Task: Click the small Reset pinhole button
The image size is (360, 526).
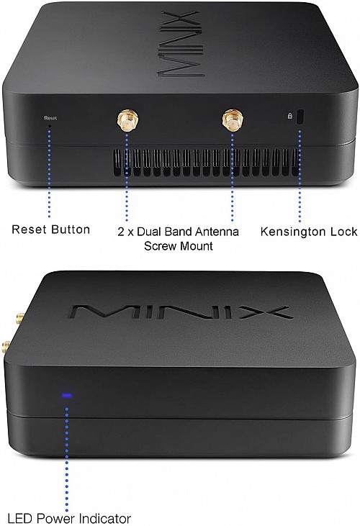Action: tap(50, 125)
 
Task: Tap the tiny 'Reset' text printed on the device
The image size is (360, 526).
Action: tap(50, 119)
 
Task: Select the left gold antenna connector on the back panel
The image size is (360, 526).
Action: tap(127, 120)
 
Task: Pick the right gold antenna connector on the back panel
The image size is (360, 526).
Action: tap(233, 119)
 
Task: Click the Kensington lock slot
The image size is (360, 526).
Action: tap(300, 117)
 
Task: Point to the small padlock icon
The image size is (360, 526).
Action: tap(290, 116)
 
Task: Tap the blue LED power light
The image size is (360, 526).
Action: tap(67, 396)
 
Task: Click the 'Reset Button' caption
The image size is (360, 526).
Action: tap(50, 230)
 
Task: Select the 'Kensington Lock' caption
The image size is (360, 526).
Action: tap(309, 232)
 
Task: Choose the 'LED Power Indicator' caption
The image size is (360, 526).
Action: tap(69, 518)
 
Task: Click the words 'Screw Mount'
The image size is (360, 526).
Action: tap(178, 246)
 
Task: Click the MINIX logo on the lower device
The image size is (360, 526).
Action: tap(180, 312)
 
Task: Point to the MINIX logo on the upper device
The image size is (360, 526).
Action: tap(181, 44)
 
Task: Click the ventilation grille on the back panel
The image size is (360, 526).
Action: tap(206, 163)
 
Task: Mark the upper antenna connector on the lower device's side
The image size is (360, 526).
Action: tap(19, 317)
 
